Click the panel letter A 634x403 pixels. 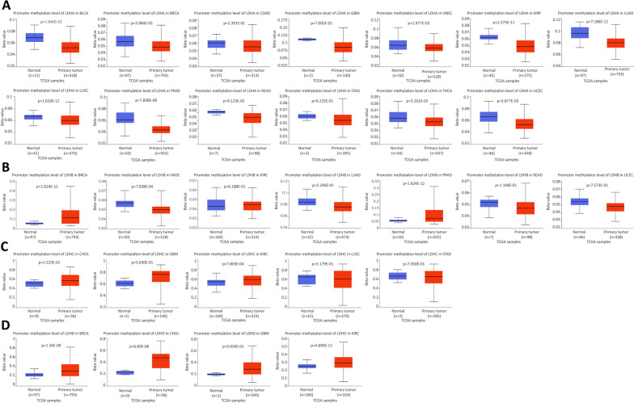click(6, 6)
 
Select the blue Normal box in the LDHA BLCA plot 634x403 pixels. click(34, 38)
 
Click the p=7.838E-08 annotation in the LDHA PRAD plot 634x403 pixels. click(140, 100)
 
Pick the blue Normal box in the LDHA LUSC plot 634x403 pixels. click(34, 117)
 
